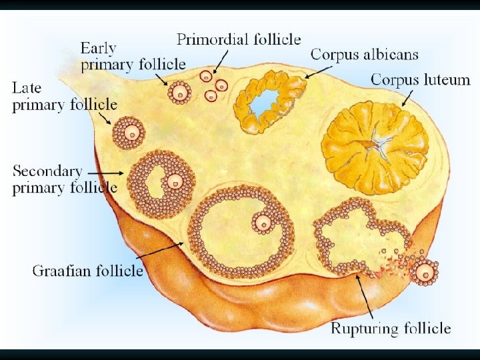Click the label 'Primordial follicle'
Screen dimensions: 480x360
pos(239,39)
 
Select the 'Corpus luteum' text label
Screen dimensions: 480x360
pos(420,80)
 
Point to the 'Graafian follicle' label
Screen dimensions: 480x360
pos(87,270)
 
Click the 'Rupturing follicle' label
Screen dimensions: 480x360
pos(391,328)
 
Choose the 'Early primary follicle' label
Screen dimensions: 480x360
pos(133,56)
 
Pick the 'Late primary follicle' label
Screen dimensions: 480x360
pos(64,96)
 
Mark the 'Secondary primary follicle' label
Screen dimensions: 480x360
pos(64,179)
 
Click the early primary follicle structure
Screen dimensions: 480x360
pos(179,93)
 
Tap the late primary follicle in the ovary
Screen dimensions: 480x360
pos(128,133)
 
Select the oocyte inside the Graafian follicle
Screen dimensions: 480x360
pos(264,223)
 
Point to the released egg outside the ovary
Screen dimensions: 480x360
pos(425,272)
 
